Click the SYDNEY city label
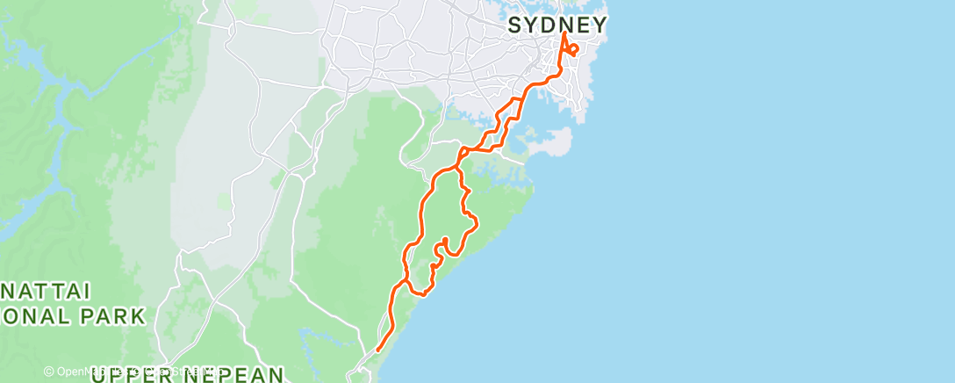(x=557, y=25)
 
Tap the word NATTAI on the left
(x=34, y=291)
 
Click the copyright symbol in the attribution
(x=50, y=372)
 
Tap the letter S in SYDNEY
(x=515, y=25)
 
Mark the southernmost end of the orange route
(x=377, y=350)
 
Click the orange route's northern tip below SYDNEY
(x=563, y=35)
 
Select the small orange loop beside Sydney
(x=573, y=48)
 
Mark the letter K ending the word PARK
(x=136, y=316)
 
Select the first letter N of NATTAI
(x=7, y=291)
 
